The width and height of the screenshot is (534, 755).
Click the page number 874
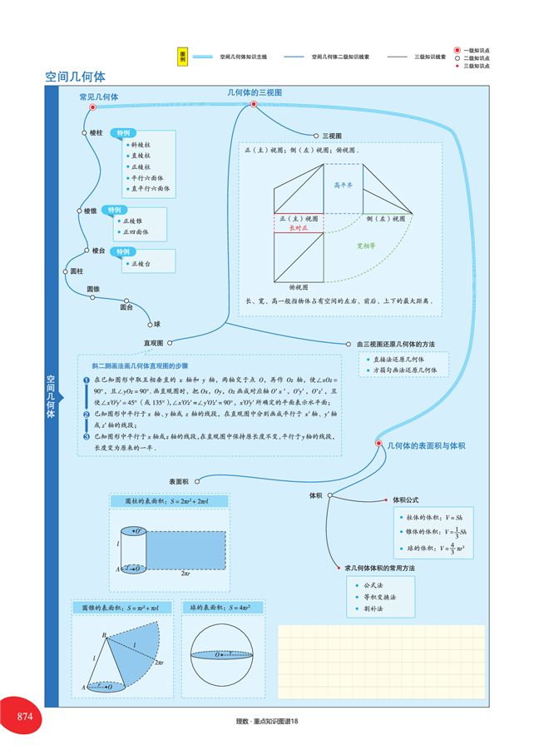tap(23, 718)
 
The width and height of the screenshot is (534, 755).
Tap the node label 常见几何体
tap(98, 97)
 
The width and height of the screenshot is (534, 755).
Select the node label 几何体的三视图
tap(255, 92)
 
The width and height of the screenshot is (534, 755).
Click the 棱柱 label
tap(96, 132)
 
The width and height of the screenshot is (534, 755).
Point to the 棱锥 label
tap(90, 211)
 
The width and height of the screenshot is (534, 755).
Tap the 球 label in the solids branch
tap(158, 324)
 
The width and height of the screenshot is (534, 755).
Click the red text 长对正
tap(298, 227)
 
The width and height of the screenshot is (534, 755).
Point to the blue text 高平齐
tap(344, 185)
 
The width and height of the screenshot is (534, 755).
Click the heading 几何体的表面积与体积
tap(426, 446)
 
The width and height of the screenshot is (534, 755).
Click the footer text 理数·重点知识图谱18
tap(267, 721)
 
